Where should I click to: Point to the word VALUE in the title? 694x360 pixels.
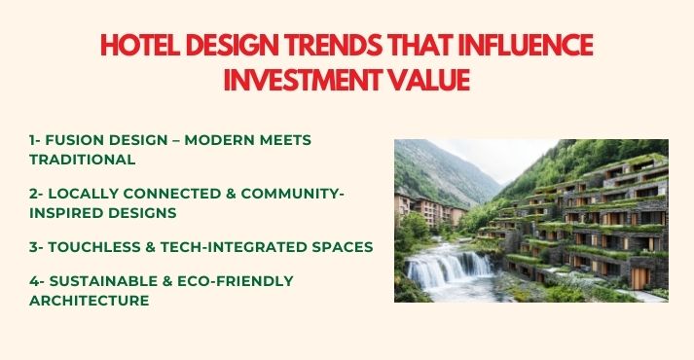click(430, 80)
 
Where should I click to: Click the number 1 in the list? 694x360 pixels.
click(32, 140)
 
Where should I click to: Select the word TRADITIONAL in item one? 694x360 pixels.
click(82, 159)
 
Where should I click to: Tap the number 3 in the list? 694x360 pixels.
click(33, 247)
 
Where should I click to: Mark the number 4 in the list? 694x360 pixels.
click(33, 281)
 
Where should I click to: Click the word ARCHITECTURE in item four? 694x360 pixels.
click(90, 301)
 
